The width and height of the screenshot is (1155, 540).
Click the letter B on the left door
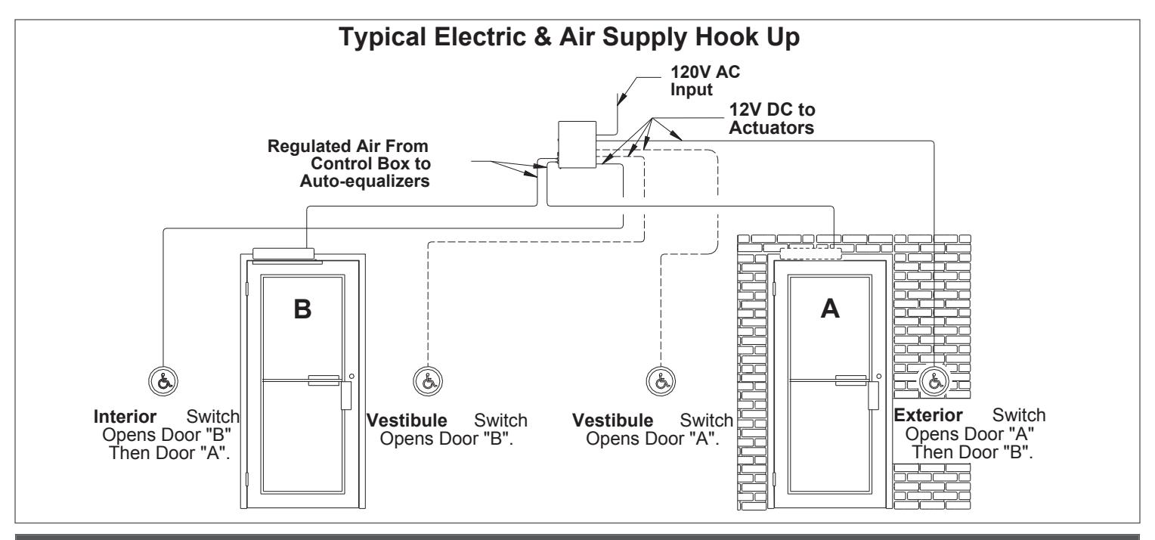click(302, 309)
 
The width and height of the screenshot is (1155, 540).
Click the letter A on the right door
click(830, 309)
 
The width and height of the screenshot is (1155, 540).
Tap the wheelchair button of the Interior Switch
click(163, 382)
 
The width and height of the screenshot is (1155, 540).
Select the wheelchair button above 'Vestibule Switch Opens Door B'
click(428, 382)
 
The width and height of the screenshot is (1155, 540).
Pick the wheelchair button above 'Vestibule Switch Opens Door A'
click(661, 382)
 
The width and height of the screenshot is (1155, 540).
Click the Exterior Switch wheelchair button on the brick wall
click(934, 382)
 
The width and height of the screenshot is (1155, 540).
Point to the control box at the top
click(577, 144)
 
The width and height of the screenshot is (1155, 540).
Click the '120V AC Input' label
click(704, 80)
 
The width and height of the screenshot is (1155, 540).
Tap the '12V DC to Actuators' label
click(772, 119)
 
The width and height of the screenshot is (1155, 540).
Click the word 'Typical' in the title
click(382, 38)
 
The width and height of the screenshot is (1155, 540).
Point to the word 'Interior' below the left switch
click(125, 416)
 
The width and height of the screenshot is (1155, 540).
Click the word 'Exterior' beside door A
click(928, 414)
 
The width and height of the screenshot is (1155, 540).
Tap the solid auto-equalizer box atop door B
click(283, 253)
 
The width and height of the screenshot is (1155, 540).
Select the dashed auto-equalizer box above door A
click(810, 254)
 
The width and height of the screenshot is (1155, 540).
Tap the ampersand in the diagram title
click(542, 37)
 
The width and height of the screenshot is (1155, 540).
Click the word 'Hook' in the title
click(724, 37)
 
